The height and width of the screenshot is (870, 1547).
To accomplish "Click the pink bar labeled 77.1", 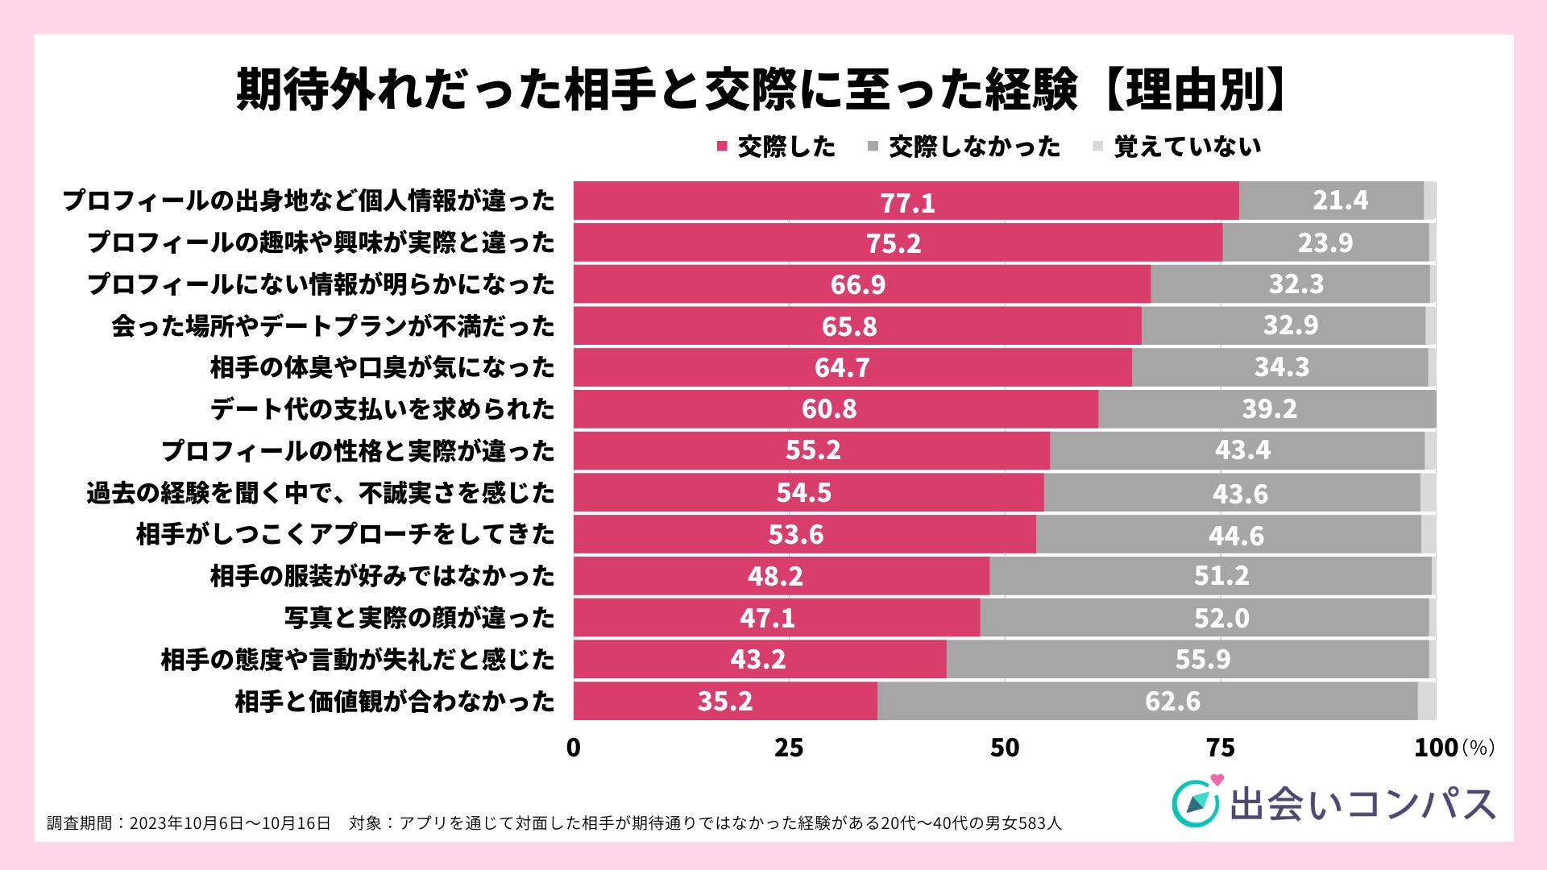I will [906, 201].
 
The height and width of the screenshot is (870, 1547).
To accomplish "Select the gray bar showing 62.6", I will [1147, 701].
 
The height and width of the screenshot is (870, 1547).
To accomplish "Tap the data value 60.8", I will [828, 409].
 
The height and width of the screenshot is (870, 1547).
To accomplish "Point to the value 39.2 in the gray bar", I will [1269, 409].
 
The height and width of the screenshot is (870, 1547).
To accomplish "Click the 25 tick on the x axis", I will [789, 748].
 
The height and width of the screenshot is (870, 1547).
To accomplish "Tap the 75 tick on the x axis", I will [1221, 748].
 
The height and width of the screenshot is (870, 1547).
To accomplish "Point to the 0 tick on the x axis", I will [573, 748].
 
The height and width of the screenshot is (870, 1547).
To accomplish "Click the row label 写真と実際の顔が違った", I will [419, 618].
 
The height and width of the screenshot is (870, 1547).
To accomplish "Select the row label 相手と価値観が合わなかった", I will [395, 701].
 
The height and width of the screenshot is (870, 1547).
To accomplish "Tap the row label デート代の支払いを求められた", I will [383, 409].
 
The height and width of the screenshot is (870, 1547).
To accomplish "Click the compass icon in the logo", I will [1195, 803].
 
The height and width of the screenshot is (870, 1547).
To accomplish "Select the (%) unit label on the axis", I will [1478, 748].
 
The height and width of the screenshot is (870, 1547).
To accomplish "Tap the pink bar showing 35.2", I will [725, 701].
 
